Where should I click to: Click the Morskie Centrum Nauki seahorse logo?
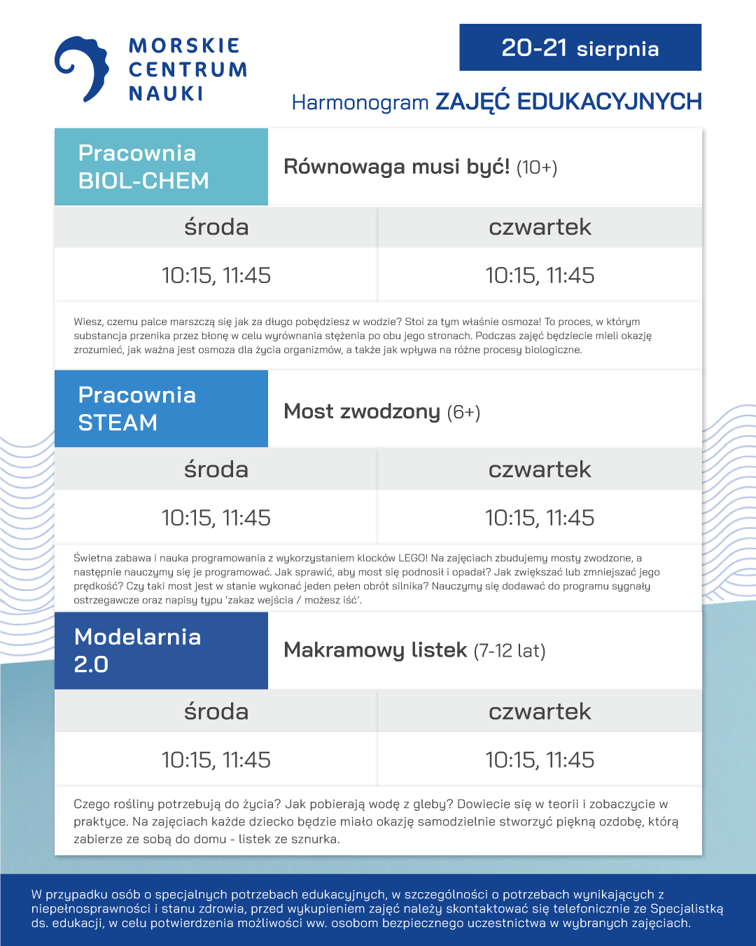tap(83, 69)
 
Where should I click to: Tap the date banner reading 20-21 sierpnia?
tap(580, 48)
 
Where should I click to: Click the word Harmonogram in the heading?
tap(360, 102)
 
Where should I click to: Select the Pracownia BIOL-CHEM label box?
tap(161, 167)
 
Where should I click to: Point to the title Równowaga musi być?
tap(396, 167)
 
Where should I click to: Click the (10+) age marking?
tap(537, 167)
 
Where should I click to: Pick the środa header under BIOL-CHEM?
tap(216, 227)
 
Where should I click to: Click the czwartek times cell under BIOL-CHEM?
tap(540, 275)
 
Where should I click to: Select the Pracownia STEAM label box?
tap(161, 409)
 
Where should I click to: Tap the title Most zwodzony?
tap(362, 411)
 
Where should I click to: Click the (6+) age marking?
tap(464, 412)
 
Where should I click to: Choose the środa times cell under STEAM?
tap(216, 518)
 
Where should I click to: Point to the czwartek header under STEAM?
tap(540, 469)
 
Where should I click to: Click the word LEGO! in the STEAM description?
tap(413, 558)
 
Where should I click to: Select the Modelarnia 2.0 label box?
tap(161, 650)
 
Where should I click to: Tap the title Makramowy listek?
tap(375, 650)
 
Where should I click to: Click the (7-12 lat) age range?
tap(510, 651)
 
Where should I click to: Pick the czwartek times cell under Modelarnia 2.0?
tap(540, 760)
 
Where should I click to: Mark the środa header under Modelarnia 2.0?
tap(216, 712)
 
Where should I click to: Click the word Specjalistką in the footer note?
tap(686, 909)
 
